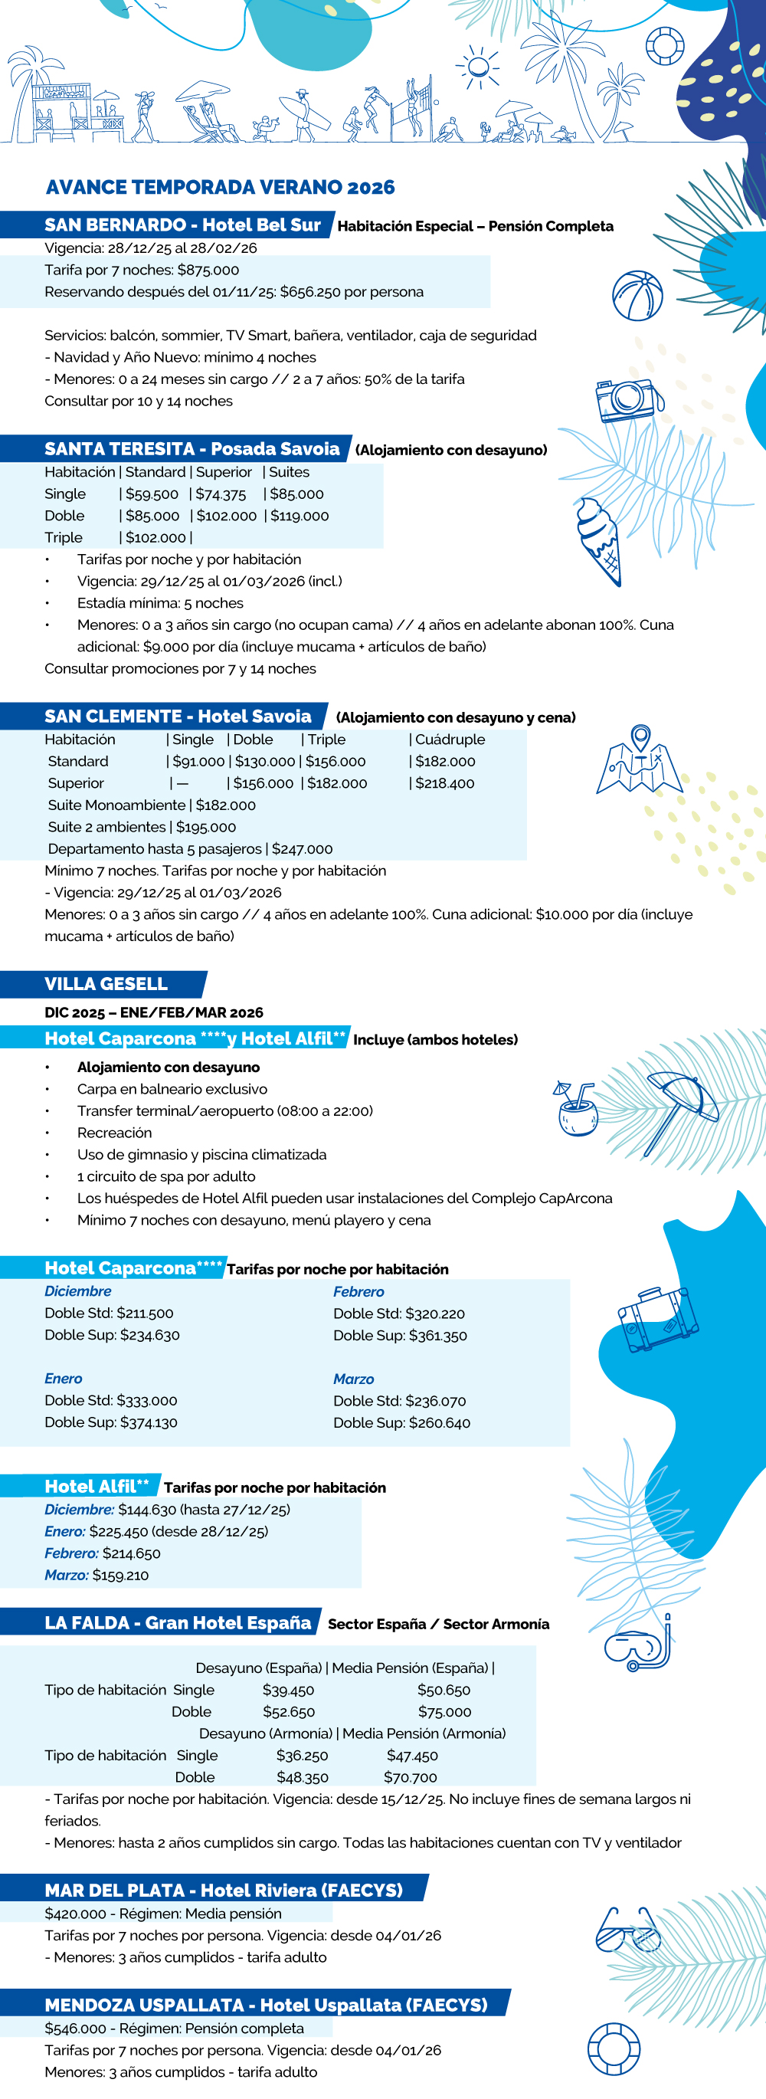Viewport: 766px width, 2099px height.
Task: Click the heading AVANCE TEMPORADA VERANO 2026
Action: [220, 188]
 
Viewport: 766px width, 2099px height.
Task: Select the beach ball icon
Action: [637, 296]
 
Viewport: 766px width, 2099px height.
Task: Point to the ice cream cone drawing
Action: [599, 540]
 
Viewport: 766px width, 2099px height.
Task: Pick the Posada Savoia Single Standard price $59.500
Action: [152, 494]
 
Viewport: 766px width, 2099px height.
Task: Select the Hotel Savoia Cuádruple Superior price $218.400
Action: [445, 783]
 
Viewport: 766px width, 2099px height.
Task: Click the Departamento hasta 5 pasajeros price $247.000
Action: [302, 849]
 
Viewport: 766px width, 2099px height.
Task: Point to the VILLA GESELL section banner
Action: [106, 983]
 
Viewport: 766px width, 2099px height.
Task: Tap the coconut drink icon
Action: [576, 1110]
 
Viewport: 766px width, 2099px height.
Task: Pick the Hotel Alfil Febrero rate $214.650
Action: [131, 1553]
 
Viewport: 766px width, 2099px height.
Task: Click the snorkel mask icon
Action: [638, 1647]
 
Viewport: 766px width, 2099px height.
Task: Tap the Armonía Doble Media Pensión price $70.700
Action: [411, 1777]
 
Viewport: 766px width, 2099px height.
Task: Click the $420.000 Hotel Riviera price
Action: [76, 1914]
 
